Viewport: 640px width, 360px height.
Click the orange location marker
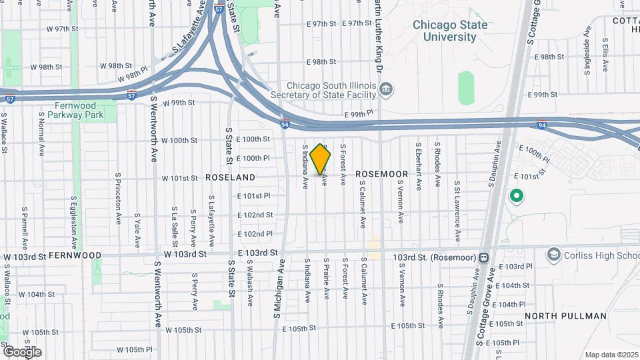pos(321,159)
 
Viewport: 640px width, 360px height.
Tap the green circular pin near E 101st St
pos(515,196)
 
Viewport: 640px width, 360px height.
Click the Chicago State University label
pos(449,31)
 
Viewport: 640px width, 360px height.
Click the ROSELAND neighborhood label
pos(230,177)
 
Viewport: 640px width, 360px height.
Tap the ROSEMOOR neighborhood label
pos(381,174)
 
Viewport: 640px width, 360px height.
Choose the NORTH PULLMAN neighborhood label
pos(565,316)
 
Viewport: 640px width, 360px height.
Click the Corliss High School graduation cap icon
pos(553,255)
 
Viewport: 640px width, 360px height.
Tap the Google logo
pos(22,351)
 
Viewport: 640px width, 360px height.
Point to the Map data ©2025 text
pos(611,355)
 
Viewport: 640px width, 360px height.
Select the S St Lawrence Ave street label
pos(457,211)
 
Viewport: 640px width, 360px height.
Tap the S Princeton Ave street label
pos(118,199)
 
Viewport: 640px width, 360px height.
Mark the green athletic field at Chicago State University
pos(465,87)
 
